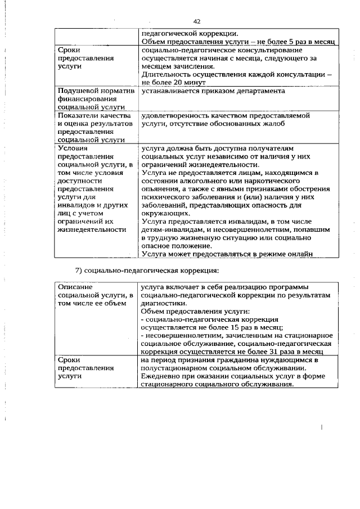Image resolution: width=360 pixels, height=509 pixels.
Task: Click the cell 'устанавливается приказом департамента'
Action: pyautogui.click(x=213, y=91)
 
